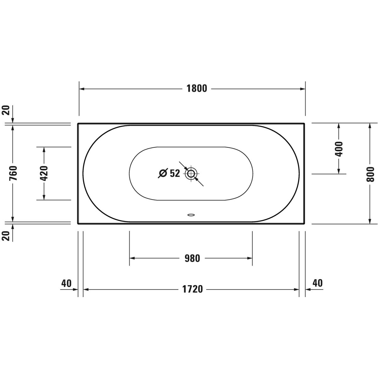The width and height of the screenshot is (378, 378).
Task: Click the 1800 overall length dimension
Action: click(x=197, y=89)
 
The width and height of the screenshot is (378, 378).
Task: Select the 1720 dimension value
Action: click(x=192, y=289)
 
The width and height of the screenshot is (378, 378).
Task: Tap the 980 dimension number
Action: click(x=192, y=258)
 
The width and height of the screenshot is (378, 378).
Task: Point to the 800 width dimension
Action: click(x=370, y=174)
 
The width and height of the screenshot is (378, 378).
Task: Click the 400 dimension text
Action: click(x=339, y=149)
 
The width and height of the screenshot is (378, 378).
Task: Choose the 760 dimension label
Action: click(x=13, y=173)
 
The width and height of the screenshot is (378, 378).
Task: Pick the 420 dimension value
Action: click(x=44, y=173)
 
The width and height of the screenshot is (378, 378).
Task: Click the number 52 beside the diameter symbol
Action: click(x=175, y=173)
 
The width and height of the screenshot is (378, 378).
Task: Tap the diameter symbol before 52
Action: click(x=163, y=173)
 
